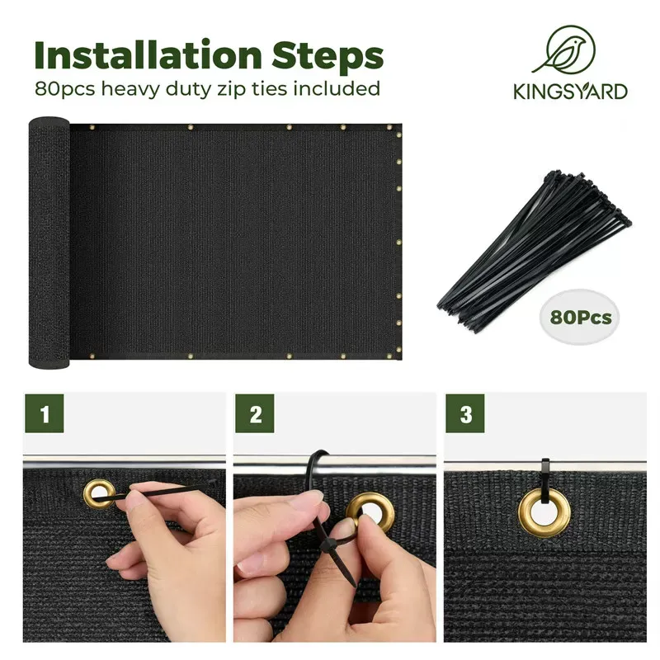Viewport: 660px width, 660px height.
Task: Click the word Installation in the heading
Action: click(x=148, y=55)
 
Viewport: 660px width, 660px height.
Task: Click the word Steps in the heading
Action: click(x=328, y=56)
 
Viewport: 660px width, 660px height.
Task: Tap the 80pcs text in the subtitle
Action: click(x=65, y=89)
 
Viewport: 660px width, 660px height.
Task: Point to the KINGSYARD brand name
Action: click(x=570, y=92)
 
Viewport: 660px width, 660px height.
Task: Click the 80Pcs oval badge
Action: click(x=580, y=317)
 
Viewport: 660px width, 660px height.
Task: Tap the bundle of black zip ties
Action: click(x=535, y=251)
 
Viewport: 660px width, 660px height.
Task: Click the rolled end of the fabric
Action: click(x=49, y=243)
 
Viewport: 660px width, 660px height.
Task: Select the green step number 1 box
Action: click(x=45, y=413)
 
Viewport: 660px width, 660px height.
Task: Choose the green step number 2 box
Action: click(x=255, y=413)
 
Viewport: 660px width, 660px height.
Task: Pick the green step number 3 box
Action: click(x=465, y=413)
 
